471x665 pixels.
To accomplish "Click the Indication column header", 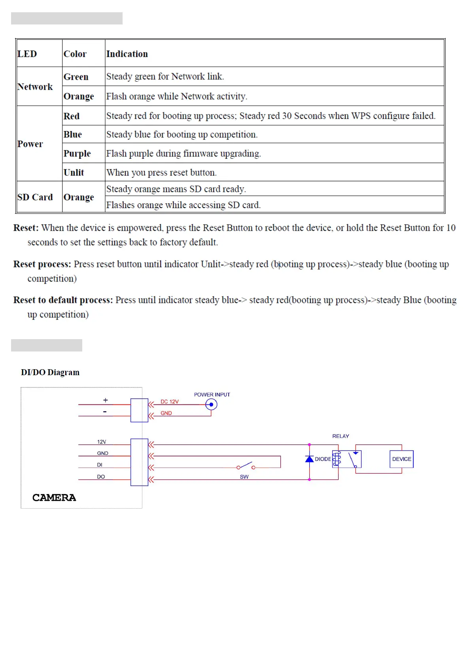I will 127,54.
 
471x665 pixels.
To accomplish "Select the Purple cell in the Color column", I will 77,153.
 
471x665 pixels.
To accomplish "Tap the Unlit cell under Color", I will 74,173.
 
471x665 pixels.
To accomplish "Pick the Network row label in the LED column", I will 35,86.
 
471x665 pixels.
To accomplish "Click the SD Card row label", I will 35,197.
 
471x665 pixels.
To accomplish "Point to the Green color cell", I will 76,77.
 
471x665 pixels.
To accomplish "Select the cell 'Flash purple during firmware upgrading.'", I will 183,153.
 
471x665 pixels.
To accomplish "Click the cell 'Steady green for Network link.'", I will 165,76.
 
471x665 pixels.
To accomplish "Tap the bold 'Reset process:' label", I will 42,264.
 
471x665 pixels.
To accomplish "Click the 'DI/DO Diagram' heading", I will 50,372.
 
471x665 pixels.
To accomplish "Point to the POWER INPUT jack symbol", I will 211,404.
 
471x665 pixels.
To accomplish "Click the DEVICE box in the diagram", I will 401,459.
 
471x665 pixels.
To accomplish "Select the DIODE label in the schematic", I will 323,459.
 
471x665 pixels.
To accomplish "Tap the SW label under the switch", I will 244,477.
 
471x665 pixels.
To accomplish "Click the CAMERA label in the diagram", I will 54,498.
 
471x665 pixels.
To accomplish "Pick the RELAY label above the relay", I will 340,436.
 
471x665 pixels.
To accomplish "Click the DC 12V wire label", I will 169,402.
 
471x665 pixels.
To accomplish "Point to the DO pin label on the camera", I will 101,477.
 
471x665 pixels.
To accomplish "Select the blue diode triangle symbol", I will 309,459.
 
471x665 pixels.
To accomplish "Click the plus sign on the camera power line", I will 105,400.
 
